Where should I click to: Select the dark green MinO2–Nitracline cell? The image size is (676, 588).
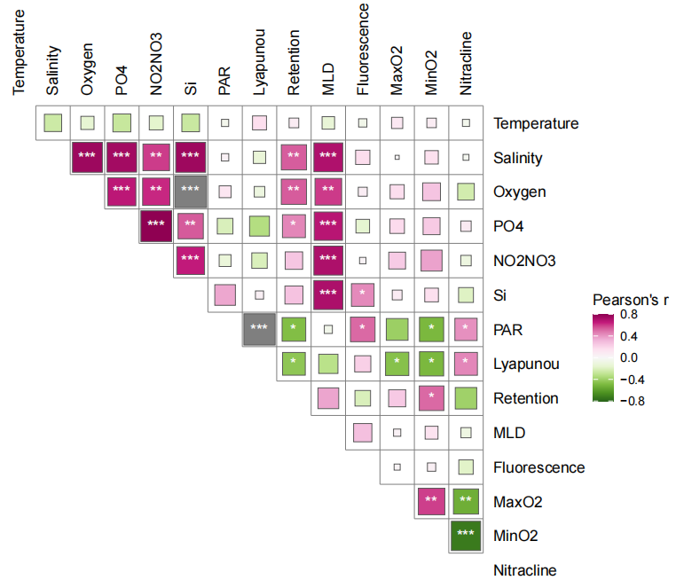coord(466,535)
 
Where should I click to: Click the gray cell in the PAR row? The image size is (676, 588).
coord(259,329)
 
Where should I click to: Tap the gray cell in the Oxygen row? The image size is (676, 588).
coord(190,192)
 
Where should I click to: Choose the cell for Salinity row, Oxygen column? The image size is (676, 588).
coord(87,158)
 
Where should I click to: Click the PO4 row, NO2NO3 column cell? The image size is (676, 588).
coord(156,226)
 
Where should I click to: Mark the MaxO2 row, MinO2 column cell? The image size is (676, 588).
coord(431,501)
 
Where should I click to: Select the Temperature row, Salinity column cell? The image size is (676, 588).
coord(52,123)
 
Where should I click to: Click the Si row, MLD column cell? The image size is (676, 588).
coord(328,294)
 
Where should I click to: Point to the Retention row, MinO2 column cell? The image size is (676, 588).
coord(431,397)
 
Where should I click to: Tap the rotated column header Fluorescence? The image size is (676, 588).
coord(363,54)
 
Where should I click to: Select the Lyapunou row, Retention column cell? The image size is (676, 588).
coord(294,364)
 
